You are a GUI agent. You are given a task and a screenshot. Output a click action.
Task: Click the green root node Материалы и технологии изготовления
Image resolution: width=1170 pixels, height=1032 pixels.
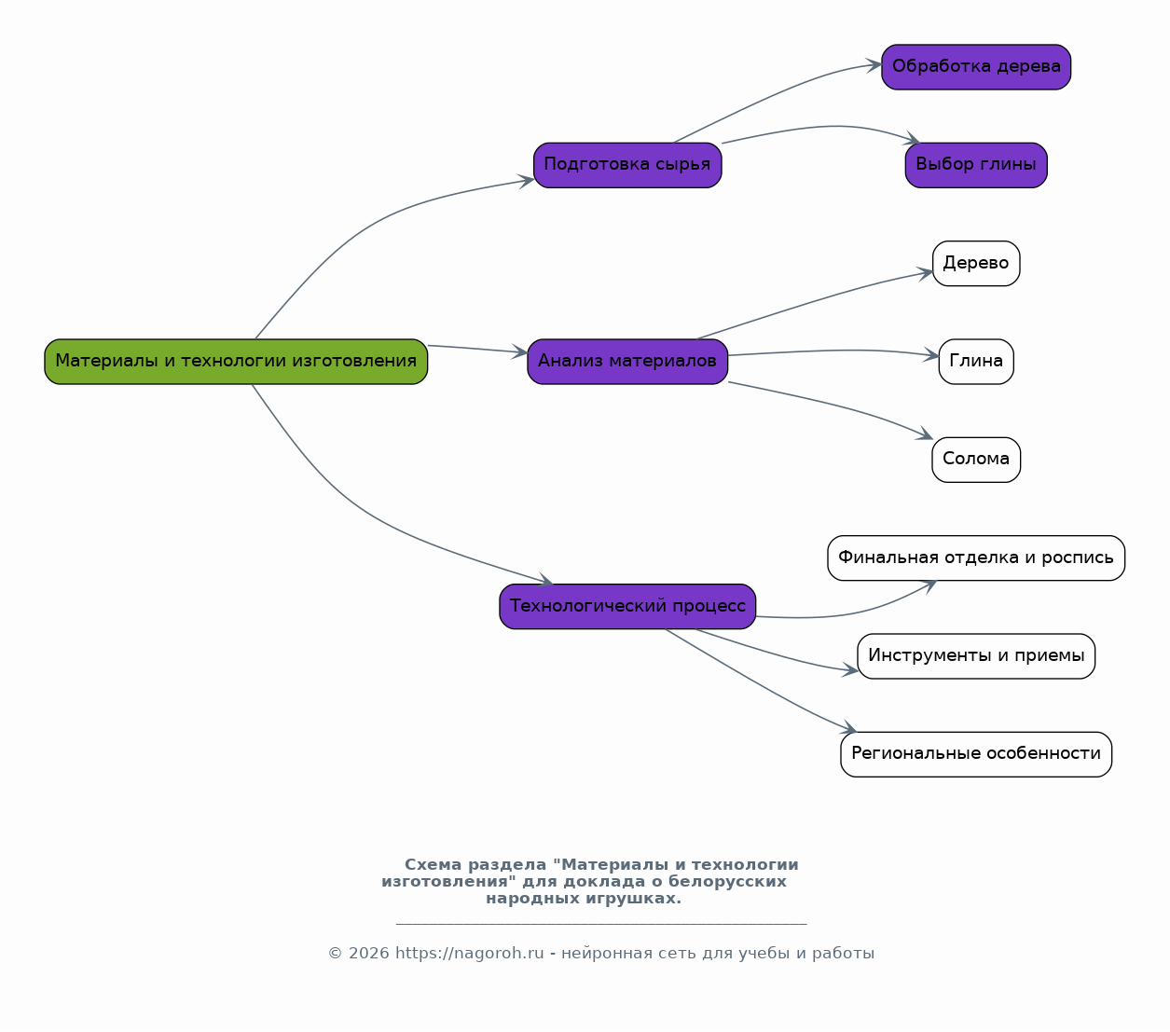(236, 362)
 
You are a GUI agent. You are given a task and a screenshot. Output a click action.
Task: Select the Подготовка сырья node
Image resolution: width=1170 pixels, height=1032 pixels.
(627, 165)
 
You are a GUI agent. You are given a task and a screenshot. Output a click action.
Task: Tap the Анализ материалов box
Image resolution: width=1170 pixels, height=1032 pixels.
(627, 362)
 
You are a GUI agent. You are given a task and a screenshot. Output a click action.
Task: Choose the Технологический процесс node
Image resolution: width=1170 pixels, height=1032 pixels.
(627, 606)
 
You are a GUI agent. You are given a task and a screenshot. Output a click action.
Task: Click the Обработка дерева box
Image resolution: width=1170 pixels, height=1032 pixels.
(976, 67)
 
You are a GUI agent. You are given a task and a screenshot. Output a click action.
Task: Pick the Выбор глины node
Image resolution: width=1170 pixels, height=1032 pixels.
(976, 165)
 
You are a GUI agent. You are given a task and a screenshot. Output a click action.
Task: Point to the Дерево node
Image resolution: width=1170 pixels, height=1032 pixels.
(976, 263)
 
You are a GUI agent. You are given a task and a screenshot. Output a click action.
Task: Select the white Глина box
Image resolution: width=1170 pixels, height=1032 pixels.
(976, 362)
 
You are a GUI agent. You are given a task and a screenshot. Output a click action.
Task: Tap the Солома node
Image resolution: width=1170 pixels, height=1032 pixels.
(976, 460)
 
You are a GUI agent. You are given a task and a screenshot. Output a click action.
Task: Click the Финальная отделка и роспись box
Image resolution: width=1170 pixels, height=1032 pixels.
(976, 557)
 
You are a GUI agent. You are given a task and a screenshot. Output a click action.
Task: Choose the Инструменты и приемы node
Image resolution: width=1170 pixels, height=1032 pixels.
(976, 656)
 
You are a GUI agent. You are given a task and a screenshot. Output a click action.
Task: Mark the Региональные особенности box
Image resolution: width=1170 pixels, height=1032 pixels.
(976, 754)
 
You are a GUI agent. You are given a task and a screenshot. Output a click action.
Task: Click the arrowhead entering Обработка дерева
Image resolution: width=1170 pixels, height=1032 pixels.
(874, 64)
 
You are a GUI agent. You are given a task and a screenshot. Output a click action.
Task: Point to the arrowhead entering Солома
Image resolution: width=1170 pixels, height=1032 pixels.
(925, 433)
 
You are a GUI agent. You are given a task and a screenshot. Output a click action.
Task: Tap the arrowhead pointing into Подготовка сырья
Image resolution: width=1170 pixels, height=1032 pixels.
(526, 182)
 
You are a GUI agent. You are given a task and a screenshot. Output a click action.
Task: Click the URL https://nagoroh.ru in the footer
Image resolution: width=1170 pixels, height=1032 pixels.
(470, 953)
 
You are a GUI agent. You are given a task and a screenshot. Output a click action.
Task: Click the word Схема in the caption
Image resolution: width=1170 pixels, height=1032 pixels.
(434, 864)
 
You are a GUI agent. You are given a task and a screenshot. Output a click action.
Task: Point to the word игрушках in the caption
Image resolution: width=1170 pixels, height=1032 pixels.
(634, 899)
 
